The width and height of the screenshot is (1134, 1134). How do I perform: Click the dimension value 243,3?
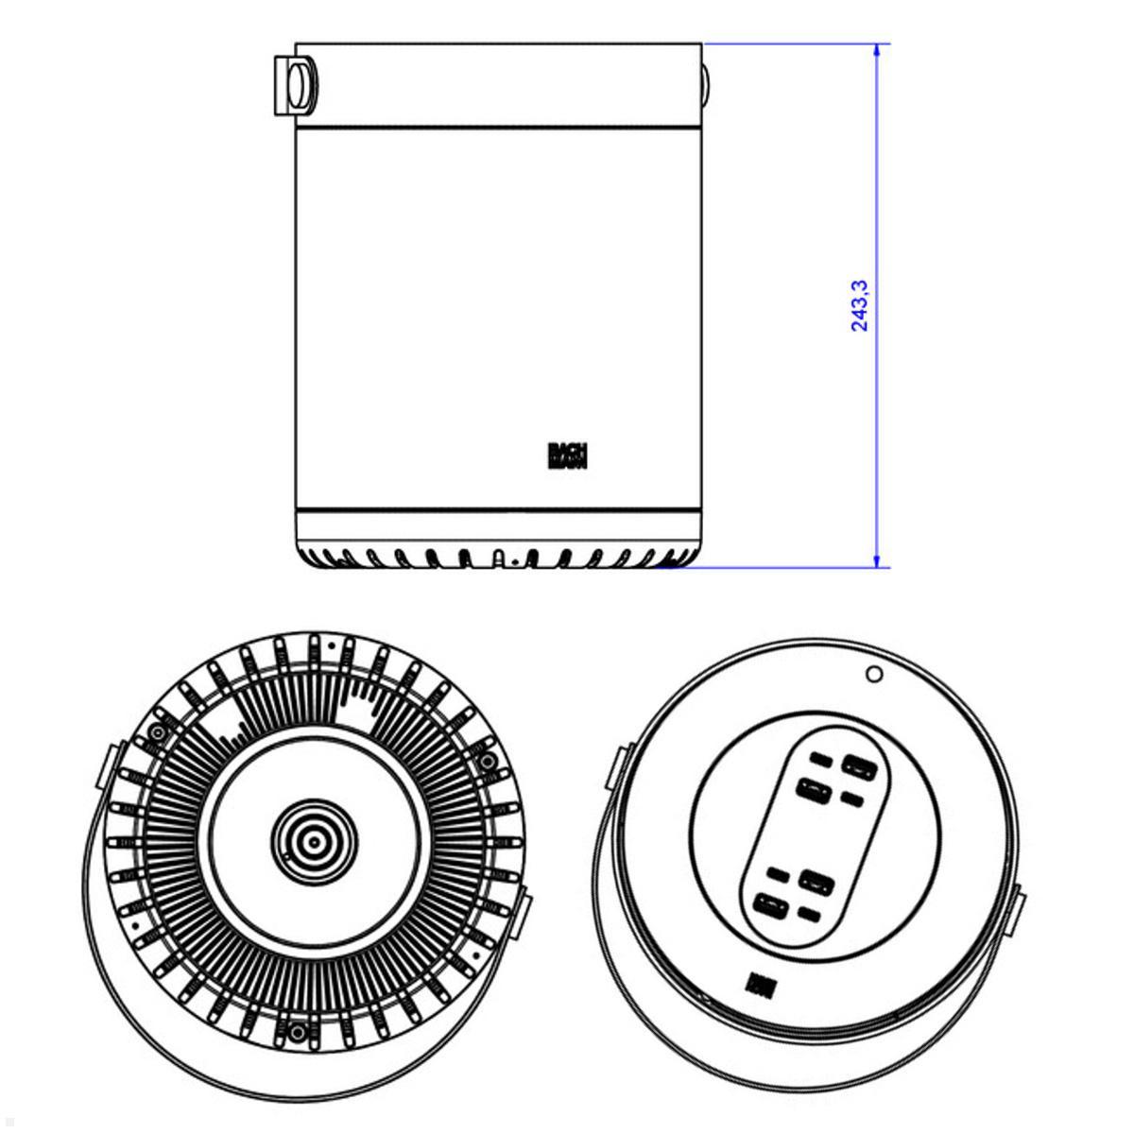860,304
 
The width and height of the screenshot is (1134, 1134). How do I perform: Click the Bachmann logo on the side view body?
567,455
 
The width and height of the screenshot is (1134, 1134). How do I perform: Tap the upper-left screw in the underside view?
155,733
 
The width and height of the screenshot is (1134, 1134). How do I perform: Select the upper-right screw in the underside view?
487,762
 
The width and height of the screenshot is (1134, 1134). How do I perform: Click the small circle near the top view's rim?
874,674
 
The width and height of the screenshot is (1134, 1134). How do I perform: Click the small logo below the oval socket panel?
758,985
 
